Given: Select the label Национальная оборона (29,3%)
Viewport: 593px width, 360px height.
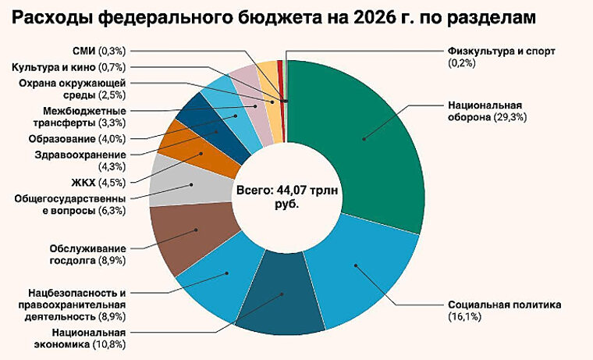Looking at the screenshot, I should [x=484, y=110].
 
